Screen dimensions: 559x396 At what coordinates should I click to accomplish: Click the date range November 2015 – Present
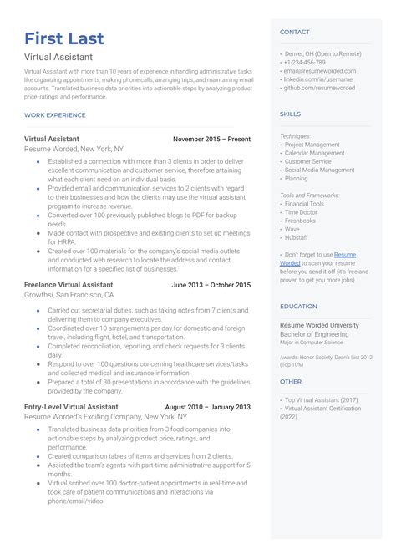point(211,139)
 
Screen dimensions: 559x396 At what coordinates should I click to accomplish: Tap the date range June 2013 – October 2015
point(211,285)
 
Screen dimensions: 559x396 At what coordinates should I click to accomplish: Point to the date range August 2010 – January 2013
point(208,407)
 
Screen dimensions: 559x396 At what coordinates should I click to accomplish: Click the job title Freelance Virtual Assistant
point(69,285)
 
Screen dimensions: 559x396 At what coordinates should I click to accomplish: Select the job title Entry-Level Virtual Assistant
point(71,407)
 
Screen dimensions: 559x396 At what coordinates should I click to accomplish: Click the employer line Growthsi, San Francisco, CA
point(69,295)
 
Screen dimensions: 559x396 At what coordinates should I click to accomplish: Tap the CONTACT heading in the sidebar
point(294,33)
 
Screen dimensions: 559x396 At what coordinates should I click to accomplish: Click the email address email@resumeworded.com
point(321,70)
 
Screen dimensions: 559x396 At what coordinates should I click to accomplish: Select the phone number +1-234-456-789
point(305,62)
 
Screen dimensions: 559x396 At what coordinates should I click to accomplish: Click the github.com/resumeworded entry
point(319,87)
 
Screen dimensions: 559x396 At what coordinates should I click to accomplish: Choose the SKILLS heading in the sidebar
point(290,114)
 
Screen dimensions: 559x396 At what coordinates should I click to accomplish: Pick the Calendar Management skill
point(314,153)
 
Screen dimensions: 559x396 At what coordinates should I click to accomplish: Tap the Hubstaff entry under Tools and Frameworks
point(298,237)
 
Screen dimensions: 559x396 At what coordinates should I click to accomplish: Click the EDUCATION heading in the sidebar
point(298,307)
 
